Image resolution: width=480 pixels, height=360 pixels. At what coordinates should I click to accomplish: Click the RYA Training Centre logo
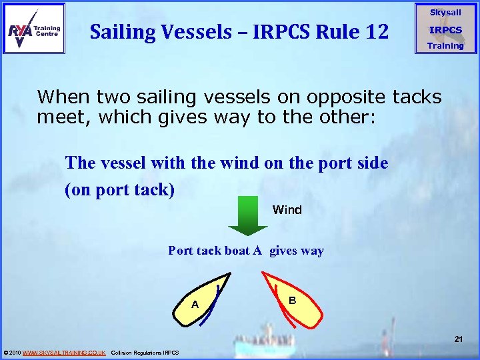[x=34, y=28]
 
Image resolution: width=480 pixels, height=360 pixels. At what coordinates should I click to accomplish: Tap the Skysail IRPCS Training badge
[x=445, y=29]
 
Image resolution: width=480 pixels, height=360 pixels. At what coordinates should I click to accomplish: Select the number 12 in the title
[x=374, y=31]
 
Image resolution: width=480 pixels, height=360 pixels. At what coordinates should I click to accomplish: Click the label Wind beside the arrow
[x=287, y=210]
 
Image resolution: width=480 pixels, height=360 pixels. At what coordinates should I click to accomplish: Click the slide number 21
[x=458, y=340]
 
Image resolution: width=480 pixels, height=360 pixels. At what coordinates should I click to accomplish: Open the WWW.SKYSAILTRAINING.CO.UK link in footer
[x=64, y=352]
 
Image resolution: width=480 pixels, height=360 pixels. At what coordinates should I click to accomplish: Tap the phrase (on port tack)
[x=119, y=190]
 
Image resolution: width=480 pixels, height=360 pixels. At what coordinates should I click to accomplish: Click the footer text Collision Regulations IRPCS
[x=145, y=352]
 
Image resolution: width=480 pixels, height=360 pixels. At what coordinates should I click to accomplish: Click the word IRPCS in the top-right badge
[x=445, y=30]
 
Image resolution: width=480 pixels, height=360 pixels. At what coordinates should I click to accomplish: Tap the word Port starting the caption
[x=180, y=251]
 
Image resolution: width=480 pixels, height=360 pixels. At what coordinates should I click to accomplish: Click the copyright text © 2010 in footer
[x=12, y=352]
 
